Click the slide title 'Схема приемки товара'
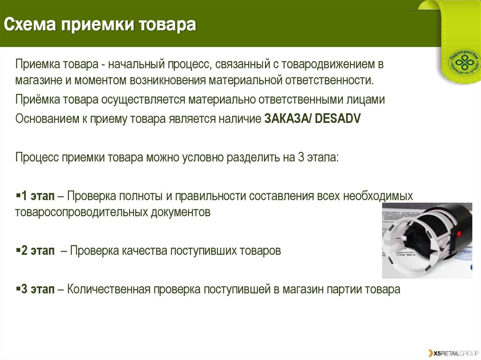pos(100,24)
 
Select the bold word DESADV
pos(337,118)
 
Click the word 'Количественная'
pos(109,289)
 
